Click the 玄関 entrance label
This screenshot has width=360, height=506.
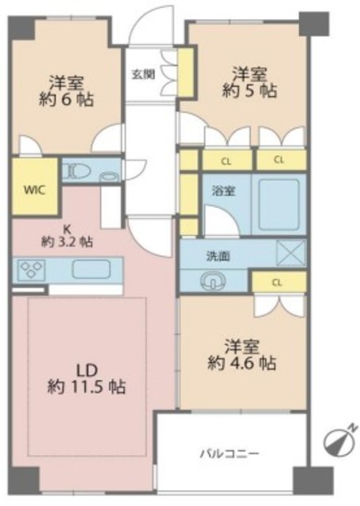click(x=143, y=74)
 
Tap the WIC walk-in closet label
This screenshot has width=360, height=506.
click(x=34, y=190)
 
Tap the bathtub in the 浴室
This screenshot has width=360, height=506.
click(x=279, y=204)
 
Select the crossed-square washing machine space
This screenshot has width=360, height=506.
click(x=291, y=252)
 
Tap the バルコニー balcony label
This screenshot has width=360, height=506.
click(x=230, y=454)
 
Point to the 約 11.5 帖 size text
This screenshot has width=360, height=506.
click(x=86, y=386)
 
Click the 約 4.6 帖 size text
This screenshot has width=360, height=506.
click(x=241, y=363)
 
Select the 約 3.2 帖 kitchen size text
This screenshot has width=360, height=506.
click(x=66, y=242)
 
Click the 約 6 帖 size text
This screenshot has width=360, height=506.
click(x=66, y=100)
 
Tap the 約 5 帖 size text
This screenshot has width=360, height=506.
click(x=249, y=91)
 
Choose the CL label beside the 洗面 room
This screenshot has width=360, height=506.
click(x=277, y=283)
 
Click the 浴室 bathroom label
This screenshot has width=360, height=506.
click(x=223, y=191)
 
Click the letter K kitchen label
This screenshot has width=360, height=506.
click(x=66, y=229)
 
